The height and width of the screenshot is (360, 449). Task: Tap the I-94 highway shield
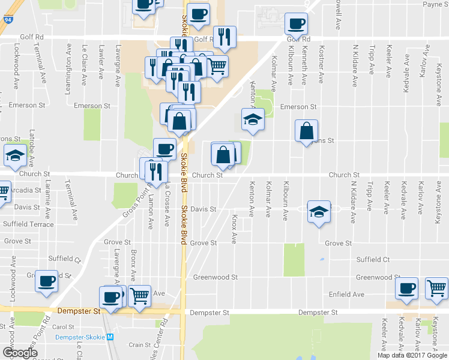[x=7, y=20]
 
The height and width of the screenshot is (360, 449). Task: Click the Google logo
[x=19, y=353]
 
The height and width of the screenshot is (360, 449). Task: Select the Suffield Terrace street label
[x=28, y=224]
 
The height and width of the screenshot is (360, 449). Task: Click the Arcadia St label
[x=24, y=191]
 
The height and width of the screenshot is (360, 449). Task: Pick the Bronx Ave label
[x=133, y=264]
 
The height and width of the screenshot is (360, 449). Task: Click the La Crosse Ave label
[x=166, y=205]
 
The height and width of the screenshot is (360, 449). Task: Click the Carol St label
[x=63, y=327]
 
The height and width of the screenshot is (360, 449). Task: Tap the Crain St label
[x=140, y=344]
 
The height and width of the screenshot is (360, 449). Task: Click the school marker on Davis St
[x=319, y=211]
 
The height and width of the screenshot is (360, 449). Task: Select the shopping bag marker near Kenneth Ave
[x=306, y=130]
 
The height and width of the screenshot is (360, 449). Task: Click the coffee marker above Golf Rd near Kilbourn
[x=295, y=23]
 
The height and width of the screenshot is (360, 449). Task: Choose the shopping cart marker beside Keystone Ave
[x=436, y=288]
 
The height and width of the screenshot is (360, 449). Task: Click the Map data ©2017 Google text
[x=412, y=355]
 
